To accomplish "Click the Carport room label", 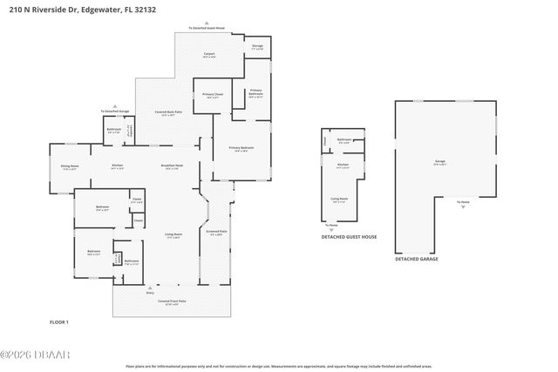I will point(209,55).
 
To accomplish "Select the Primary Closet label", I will point(212,95).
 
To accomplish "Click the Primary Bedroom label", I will point(242,149).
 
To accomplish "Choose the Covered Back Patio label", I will point(168,113).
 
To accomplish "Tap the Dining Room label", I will point(70,166).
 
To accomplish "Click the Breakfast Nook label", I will point(172,166).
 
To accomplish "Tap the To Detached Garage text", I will point(114,112).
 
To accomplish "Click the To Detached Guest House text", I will point(207,28).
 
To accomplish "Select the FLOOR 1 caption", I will point(58,322).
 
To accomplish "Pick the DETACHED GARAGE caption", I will point(417,259).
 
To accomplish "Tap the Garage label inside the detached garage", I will point(439,163).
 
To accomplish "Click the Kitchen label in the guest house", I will point(343,166).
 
